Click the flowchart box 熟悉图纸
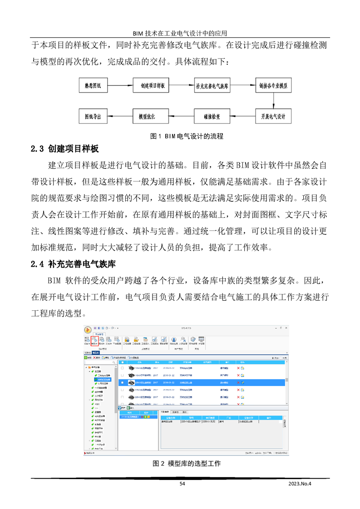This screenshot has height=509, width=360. [93, 85]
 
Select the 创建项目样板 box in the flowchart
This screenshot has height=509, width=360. [152, 85]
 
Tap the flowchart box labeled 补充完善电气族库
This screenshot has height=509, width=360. [212, 85]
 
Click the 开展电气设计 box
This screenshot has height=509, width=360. [272, 116]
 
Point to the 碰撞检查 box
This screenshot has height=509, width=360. [212, 116]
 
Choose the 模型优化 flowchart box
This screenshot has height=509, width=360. [147, 116]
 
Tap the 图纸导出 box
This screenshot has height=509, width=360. [93, 116]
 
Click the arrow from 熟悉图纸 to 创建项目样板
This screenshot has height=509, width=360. [120, 85]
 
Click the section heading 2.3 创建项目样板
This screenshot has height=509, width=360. [64, 149]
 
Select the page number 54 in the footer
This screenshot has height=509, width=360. [182, 484]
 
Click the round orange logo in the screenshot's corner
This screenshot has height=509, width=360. [88, 330]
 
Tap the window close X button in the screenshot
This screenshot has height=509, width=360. [286, 328]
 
